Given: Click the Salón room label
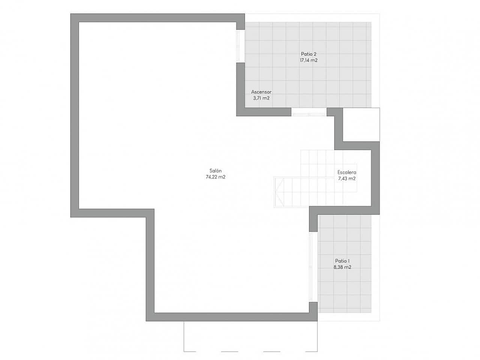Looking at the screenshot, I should [215, 171].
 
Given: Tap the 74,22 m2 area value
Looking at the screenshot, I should [215, 177].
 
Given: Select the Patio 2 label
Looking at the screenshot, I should [308, 54].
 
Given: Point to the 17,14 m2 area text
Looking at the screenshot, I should [308, 60].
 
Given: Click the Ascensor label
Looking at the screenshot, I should [261, 92].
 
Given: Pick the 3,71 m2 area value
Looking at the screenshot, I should [261, 98].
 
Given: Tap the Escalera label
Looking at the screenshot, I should [346, 172].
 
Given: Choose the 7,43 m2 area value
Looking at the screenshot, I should [346, 178].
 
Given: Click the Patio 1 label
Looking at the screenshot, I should [342, 261].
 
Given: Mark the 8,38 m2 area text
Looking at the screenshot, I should [342, 267].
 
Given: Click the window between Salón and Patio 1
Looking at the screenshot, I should [311, 266].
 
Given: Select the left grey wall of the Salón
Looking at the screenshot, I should [75, 112].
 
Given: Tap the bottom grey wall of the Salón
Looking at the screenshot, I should [232, 317].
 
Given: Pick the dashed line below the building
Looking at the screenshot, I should [251, 351].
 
